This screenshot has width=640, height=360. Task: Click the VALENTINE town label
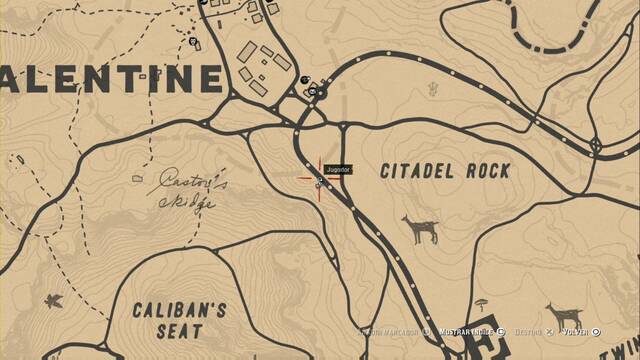point(110,77)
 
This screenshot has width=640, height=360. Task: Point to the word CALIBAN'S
point(181,309)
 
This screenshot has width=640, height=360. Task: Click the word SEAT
point(181,331)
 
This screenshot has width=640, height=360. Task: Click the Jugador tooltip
point(339,171)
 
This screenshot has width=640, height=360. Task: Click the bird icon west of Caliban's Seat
point(53,299)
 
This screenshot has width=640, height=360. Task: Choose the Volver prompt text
point(574,331)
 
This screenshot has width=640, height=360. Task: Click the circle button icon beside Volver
point(596,331)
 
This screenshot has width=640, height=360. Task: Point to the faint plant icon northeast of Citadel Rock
point(434,89)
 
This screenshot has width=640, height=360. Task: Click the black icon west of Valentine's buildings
point(193,42)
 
